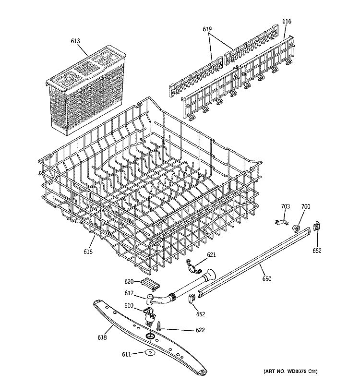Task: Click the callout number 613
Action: point(75,42)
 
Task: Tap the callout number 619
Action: point(207,29)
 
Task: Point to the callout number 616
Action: point(287,21)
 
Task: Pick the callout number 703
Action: point(285,207)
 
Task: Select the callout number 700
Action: point(305,207)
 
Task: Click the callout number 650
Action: point(267,279)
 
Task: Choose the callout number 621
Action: point(212,254)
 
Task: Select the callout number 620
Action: point(129,282)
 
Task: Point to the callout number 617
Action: point(129,294)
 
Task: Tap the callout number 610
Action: point(129,306)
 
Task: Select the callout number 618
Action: point(102,337)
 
